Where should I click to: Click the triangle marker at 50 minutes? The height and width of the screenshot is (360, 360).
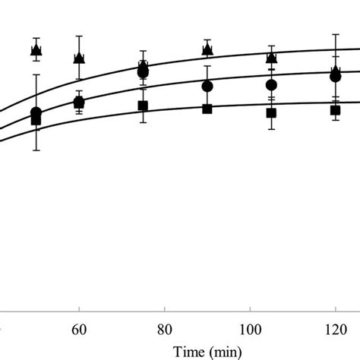coord(36,50)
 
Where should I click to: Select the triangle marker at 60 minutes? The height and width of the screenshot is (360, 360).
coord(79,58)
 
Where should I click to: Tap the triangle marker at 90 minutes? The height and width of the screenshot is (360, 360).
coord(207,49)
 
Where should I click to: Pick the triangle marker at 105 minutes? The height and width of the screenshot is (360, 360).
coord(271,57)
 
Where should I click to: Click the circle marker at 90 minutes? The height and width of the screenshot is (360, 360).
coord(207,86)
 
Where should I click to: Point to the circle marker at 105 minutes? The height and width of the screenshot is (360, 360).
coord(271,84)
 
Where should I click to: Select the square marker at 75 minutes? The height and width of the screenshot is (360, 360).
coord(143,106)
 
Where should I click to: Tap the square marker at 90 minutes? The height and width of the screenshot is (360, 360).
coord(207,109)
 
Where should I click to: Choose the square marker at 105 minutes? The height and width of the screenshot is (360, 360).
coord(271,112)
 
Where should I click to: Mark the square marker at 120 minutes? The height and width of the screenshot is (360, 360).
coord(335,110)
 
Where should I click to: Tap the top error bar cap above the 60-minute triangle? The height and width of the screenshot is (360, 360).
coord(79,36)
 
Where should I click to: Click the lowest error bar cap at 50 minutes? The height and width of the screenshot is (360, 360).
coord(36,150)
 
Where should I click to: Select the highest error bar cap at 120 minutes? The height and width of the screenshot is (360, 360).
coord(335,34)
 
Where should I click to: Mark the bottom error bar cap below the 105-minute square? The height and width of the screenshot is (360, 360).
coord(271,129)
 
